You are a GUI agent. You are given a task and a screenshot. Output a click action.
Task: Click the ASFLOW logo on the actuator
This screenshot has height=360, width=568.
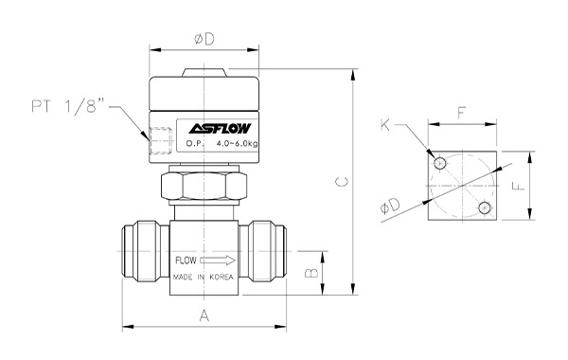click(x=220, y=128)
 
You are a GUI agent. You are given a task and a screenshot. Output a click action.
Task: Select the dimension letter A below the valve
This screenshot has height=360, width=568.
click(x=204, y=315)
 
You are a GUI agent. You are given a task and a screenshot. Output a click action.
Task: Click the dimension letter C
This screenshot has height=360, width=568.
click(x=342, y=181)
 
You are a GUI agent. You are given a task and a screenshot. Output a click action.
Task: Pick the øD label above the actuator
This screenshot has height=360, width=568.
click(x=204, y=39)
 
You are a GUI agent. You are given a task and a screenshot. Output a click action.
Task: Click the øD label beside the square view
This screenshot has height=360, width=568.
click(x=390, y=206)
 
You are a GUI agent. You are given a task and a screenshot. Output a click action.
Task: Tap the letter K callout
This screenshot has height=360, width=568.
click(x=385, y=125)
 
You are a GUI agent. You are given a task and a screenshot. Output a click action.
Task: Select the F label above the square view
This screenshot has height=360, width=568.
click(x=461, y=113)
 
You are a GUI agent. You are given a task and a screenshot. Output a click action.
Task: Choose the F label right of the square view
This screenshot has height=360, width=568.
click(x=519, y=186)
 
